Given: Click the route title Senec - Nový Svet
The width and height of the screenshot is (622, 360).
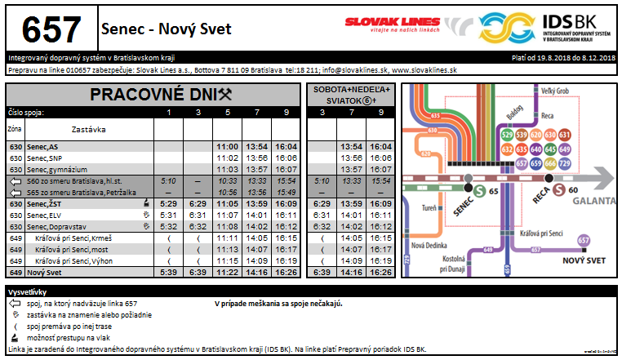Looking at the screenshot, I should point(166,29).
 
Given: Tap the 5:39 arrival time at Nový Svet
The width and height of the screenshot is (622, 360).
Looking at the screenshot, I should point(169,272).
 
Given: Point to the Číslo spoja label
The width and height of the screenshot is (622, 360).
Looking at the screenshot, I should point(26,112).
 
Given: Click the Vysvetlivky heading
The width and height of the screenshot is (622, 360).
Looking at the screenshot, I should point(28,291).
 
